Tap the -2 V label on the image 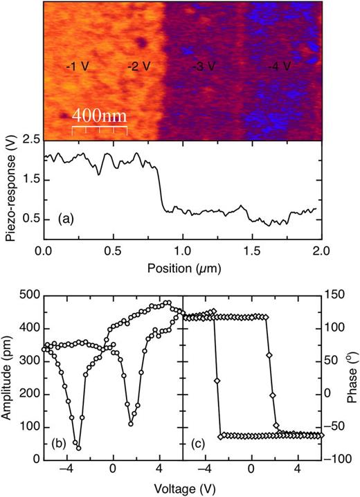141,67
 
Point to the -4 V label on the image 281,67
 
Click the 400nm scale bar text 100,116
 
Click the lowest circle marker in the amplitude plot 78,448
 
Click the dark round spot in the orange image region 141,42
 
